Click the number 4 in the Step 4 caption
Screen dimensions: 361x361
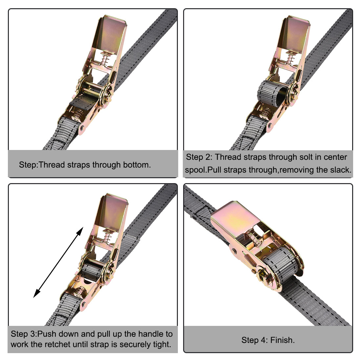(x=264, y=340)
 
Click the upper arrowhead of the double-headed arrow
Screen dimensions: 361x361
(x=80, y=231)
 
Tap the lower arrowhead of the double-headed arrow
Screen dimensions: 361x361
(x=37, y=293)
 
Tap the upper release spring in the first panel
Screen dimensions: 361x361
(x=105, y=59)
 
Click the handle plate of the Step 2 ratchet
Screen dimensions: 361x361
(x=295, y=34)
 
